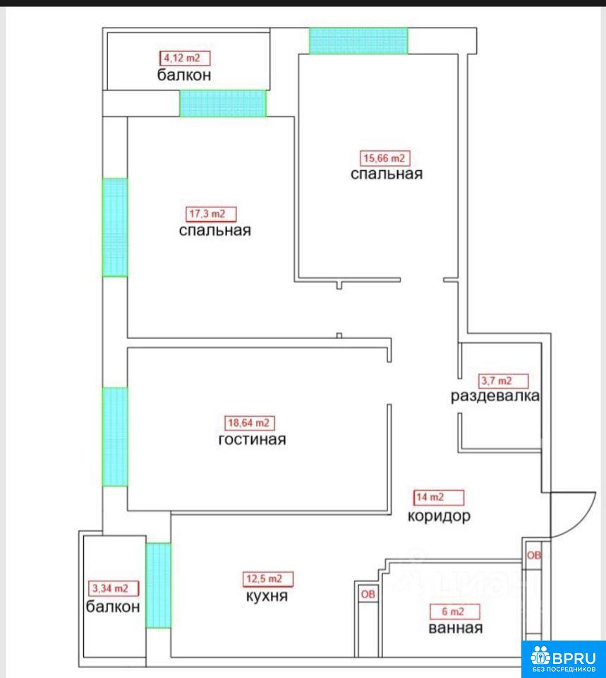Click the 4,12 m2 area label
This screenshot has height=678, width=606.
185,58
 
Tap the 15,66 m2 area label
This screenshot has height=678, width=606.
384,158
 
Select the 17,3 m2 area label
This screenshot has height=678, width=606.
211,213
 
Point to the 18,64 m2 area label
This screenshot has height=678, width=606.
249,423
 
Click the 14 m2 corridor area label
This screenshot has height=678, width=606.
439,497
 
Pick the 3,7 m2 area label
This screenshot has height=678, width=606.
504,381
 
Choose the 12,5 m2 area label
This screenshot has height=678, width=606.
268,578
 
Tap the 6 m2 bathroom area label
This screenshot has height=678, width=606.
454,612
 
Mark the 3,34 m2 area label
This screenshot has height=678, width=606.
114,588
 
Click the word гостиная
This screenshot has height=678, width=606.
253,440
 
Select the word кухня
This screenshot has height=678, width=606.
267,596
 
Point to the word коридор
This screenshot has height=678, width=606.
439,516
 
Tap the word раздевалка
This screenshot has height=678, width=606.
495,396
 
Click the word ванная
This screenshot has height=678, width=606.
455,628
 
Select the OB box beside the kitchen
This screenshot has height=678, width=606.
368,595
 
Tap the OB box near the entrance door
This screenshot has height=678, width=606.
534,555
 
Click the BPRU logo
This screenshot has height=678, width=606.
563,659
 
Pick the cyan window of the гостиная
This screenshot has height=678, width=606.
115,436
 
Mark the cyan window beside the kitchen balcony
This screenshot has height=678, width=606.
159,585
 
